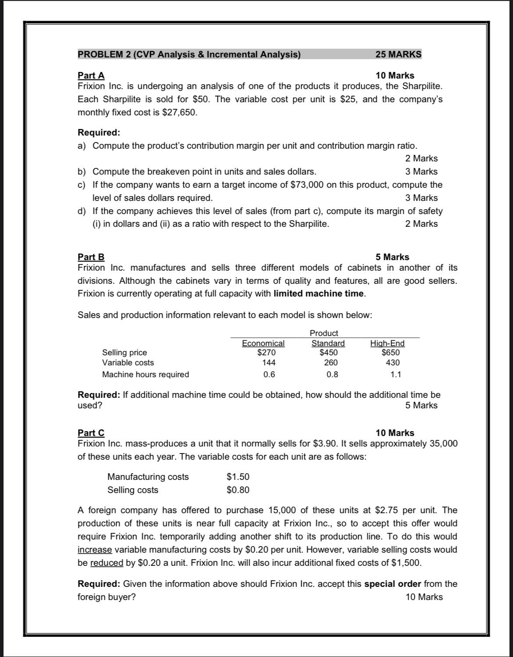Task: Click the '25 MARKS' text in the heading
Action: click(x=398, y=54)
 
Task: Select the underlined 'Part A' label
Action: click(x=91, y=75)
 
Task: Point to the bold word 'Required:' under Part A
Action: click(x=99, y=132)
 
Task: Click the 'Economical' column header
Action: click(x=263, y=343)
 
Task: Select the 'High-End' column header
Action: click(x=387, y=343)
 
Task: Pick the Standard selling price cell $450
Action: click(x=328, y=352)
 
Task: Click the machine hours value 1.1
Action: click(x=395, y=375)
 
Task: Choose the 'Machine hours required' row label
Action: click(x=145, y=375)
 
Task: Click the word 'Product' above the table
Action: click(x=324, y=333)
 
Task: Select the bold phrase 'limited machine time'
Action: click(x=319, y=293)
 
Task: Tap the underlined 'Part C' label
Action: click(x=91, y=433)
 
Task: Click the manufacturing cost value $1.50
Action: click(x=238, y=477)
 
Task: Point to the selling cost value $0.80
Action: click(x=238, y=490)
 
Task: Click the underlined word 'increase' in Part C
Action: click(x=95, y=550)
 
